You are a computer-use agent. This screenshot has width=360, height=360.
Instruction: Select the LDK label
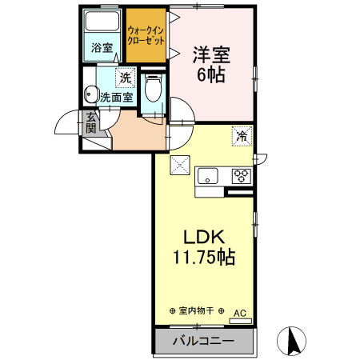203,238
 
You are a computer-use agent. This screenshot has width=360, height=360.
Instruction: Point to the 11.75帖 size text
203,258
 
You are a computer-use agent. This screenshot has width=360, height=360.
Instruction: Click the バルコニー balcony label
202,342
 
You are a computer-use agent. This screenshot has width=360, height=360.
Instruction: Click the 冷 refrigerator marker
241,135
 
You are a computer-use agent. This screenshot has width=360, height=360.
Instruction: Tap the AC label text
239,313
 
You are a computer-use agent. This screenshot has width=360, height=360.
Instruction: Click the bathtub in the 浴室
102,23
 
